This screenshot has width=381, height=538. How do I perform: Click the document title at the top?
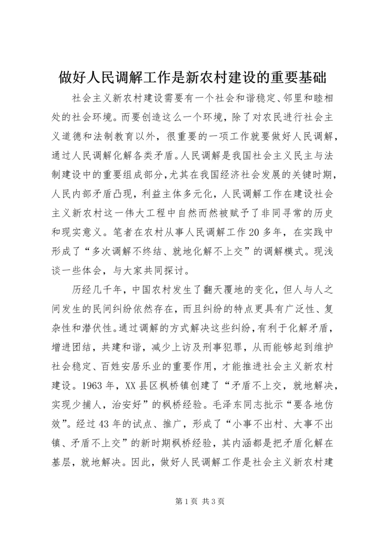(190, 77)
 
